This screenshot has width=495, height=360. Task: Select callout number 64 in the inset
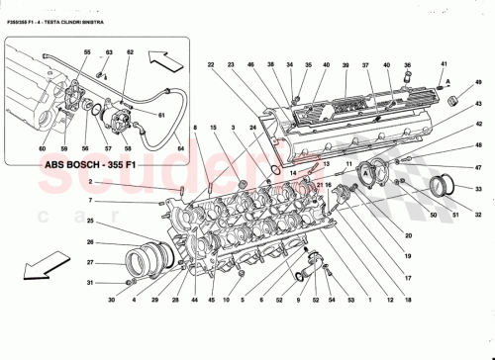(x=181, y=149)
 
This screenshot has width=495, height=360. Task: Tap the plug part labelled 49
(x=455, y=100)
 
